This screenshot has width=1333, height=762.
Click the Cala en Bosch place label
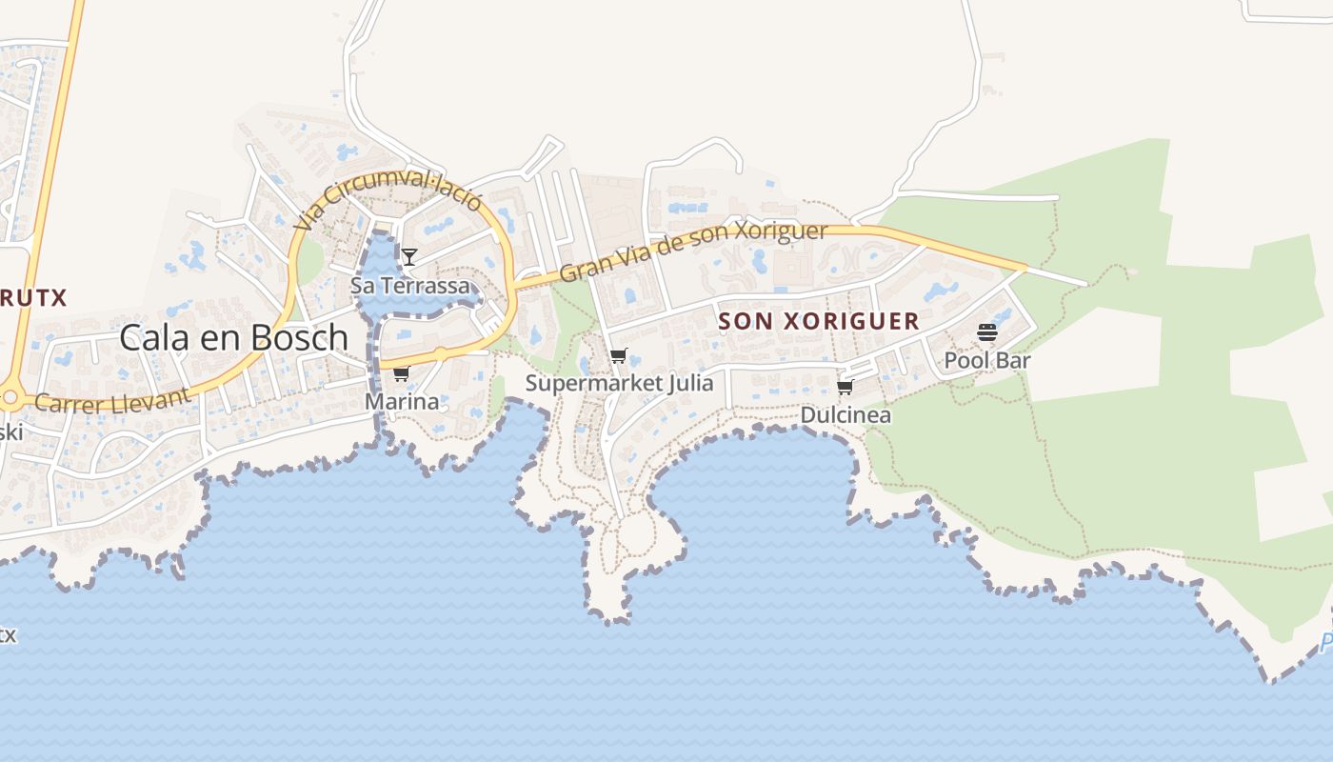point(234,337)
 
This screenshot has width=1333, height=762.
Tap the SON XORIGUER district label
point(819,321)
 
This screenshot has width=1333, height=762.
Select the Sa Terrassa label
point(410,285)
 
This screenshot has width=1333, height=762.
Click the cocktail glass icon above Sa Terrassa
point(409,256)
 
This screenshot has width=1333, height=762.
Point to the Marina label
point(402,401)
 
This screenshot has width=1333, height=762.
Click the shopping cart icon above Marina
point(401,372)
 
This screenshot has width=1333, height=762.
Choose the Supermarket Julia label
point(619,383)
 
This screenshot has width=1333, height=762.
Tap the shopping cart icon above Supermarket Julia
point(619,356)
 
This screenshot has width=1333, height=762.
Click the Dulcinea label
point(846,414)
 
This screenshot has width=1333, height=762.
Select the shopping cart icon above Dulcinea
point(845,387)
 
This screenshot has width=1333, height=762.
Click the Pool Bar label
point(987,360)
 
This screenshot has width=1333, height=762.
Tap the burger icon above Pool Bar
point(987,332)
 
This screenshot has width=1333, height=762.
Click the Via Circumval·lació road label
point(388,200)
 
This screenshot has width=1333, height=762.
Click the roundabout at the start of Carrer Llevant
point(10,397)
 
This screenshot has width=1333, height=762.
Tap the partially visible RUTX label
point(32,297)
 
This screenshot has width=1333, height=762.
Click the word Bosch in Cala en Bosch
point(299,337)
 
